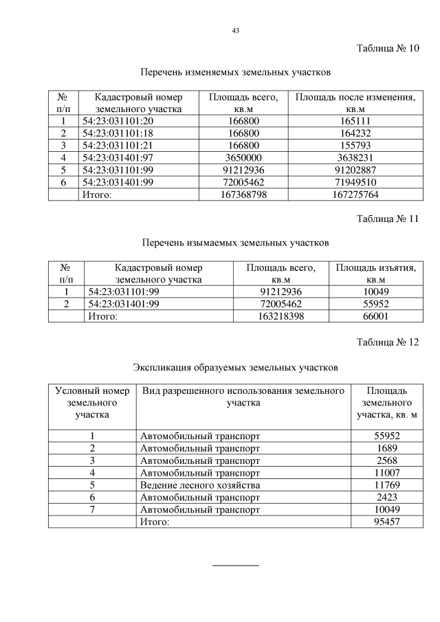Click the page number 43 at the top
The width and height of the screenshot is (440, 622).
tap(236, 31)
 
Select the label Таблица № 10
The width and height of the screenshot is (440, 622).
tap(388, 49)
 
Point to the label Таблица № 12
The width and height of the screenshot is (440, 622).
tap(388, 343)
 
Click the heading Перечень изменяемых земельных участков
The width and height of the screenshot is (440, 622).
tap(236, 72)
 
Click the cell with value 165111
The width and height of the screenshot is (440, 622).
tap(355, 121)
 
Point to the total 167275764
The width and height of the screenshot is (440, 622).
tap(355, 195)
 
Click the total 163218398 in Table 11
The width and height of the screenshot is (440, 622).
tap(280, 316)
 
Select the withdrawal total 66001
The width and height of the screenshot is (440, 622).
tap(375, 316)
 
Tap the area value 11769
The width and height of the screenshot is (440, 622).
tap(386, 485)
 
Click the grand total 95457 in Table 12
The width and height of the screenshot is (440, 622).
tap(386, 522)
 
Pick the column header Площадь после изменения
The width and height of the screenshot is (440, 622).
tap(355, 103)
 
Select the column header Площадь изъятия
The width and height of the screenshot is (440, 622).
tap(375, 274)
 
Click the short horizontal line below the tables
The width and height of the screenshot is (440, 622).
tap(236, 565)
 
